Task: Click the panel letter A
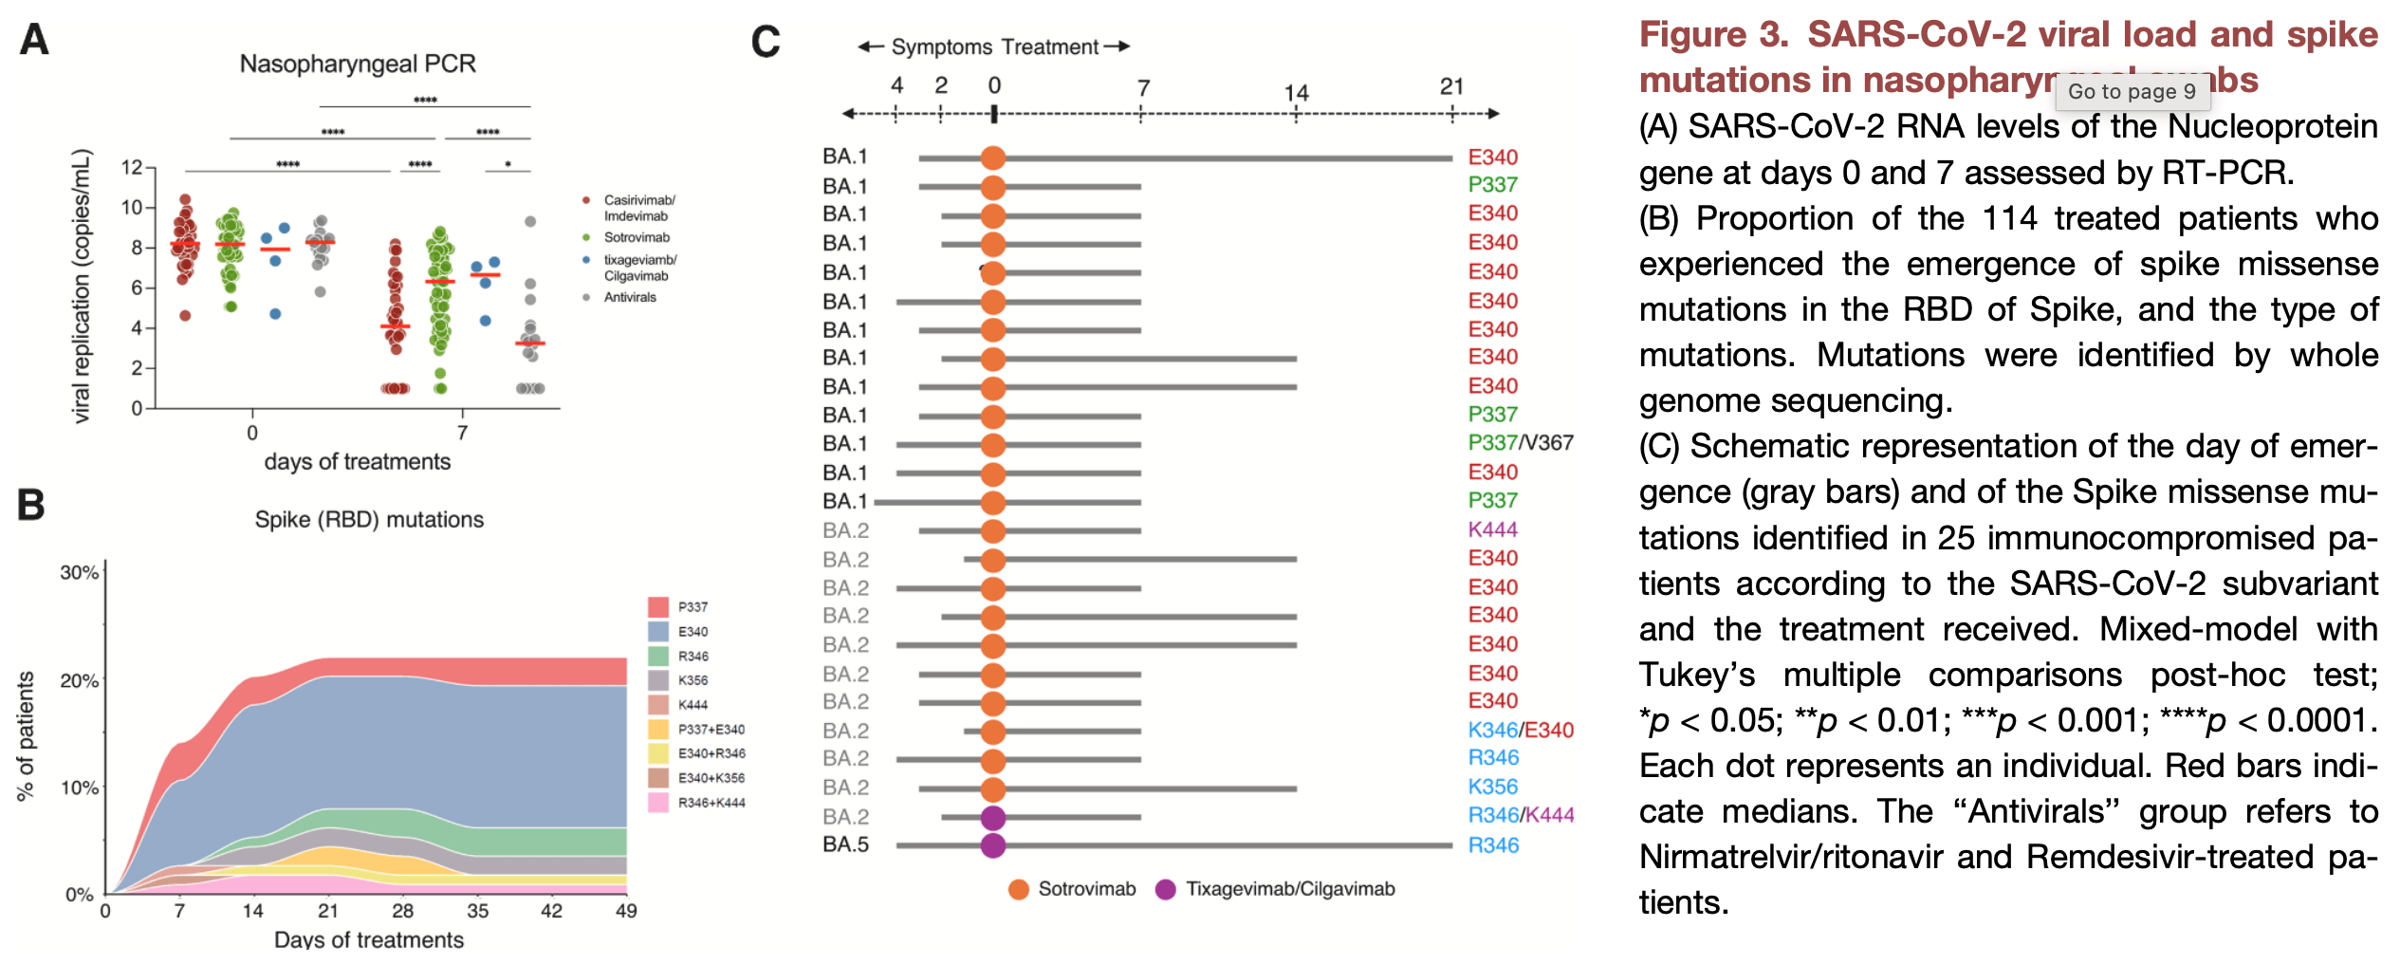point(34,40)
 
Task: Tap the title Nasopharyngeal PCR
point(358,64)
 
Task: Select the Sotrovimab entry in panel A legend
point(637,237)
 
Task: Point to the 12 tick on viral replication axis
point(132,168)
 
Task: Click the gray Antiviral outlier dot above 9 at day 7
point(530,221)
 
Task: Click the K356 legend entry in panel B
point(692,680)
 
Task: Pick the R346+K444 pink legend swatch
point(658,803)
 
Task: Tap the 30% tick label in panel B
point(79,572)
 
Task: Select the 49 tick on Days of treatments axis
point(626,911)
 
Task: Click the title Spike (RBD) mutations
point(369,519)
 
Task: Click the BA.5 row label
point(845,844)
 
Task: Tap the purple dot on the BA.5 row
point(992,844)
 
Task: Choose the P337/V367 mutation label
point(1520,443)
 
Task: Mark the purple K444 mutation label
point(1492,529)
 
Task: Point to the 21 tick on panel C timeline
point(1451,87)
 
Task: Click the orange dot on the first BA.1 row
point(992,158)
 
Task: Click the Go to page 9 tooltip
point(2132,91)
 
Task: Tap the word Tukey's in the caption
point(1696,675)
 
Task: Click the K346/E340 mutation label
point(1520,730)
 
